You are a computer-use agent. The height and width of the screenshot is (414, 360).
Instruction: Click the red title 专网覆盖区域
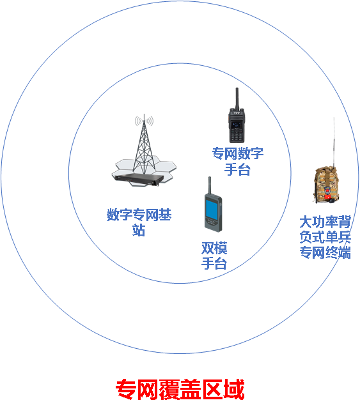point(180,389)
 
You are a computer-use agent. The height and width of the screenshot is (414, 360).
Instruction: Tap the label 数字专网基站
point(139,222)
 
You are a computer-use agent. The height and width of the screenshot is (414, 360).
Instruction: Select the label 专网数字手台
point(238,162)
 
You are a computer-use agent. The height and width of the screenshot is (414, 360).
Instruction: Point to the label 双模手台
point(214,256)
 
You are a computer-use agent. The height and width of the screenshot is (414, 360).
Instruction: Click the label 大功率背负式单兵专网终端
point(325,237)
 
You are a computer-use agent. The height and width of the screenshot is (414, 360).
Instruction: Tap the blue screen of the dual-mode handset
point(212,210)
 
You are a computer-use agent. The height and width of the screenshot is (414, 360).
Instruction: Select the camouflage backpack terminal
point(327,185)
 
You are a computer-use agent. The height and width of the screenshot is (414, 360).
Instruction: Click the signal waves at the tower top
point(144,121)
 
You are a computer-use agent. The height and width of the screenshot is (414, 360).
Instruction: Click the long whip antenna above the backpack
point(334,142)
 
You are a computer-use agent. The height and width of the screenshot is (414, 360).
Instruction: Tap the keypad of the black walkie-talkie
point(236,135)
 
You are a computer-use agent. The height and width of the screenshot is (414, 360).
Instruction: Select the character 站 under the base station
point(139,230)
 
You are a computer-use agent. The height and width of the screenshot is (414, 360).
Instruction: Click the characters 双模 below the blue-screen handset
point(214,248)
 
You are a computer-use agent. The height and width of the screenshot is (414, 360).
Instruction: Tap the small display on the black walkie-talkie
point(236,125)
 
